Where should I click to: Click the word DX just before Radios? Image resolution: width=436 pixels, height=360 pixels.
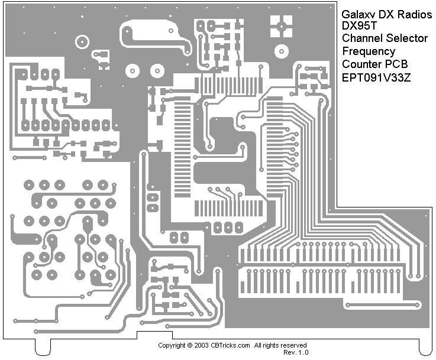386,14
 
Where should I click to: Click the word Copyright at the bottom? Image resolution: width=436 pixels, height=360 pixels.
172,345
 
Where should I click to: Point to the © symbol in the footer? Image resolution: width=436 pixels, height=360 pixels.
189,345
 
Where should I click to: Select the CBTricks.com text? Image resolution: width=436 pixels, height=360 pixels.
231,345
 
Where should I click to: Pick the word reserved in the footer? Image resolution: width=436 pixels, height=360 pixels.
294,345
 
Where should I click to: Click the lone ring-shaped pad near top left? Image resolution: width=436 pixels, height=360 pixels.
81,41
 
